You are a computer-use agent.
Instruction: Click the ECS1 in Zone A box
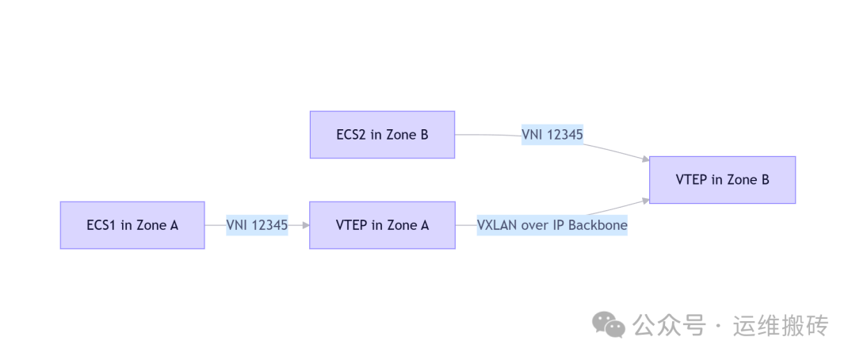[x=132, y=225]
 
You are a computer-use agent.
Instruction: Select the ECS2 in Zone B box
[x=382, y=134]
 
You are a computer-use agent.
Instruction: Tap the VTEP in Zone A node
[x=382, y=225]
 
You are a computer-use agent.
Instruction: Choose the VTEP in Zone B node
[x=722, y=180]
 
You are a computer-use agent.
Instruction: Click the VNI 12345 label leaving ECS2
[x=552, y=135]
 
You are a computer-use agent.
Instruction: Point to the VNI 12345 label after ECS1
[x=257, y=225]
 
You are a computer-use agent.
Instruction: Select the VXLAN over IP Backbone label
[x=552, y=225]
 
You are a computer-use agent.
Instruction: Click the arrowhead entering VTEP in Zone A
[x=304, y=225]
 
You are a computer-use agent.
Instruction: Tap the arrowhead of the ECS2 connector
[x=644, y=160]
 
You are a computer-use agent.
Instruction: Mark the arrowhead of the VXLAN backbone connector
[x=644, y=201]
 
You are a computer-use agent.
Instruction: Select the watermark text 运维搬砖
[x=781, y=325]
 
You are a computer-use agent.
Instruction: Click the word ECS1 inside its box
[x=101, y=225]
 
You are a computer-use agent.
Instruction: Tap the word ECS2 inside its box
[x=351, y=134]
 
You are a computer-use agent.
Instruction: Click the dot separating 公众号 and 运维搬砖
[x=719, y=326]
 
